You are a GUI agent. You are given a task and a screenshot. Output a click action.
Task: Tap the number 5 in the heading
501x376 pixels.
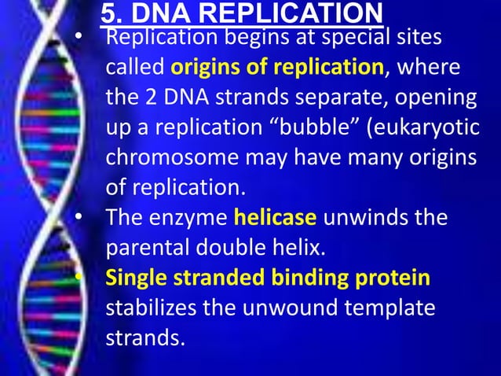pyautogui.click(x=110, y=13)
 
